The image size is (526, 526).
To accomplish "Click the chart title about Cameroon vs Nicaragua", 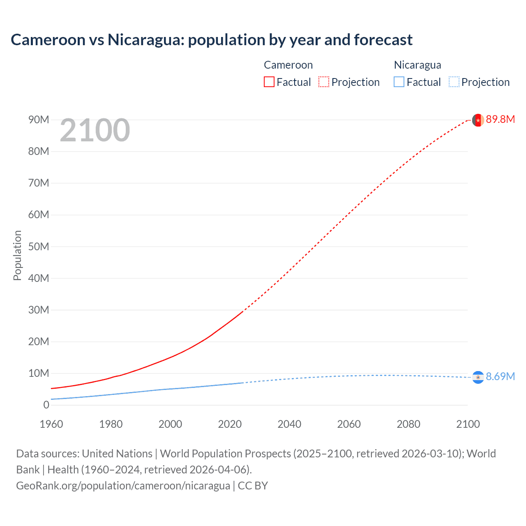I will pyautogui.click(x=212, y=40).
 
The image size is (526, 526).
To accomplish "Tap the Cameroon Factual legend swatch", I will pyautogui.click(x=269, y=82).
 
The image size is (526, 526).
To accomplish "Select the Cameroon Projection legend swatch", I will pyautogui.click(x=324, y=82).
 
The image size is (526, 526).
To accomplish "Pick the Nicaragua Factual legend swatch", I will pyautogui.click(x=399, y=82).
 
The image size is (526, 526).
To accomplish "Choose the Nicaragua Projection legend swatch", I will pyautogui.click(x=454, y=82).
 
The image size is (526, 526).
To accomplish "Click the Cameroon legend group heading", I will pyautogui.click(x=288, y=65).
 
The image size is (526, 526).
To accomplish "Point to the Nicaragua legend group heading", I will pyautogui.click(x=418, y=65).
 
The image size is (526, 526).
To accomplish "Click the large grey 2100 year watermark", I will pyautogui.click(x=95, y=130).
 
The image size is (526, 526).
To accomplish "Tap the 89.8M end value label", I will pyautogui.click(x=500, y=120).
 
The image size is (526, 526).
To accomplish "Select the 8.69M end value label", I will pyautogui.click(x=500, y=377).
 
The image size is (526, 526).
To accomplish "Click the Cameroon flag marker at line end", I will pyautogui.click(x=478, y=120).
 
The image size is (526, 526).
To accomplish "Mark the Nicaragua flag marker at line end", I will pyautogui.click(x=478, y=377).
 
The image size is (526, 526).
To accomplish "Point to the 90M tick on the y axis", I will pyautogui.click(x=39, y=120).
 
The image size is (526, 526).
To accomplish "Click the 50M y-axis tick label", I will pyautogui.click(x=39, y=247).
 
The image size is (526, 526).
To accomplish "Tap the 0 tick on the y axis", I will pyautogui.click(x=46, y=405).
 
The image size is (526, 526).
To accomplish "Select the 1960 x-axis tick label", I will pyautogui.click(x=51, y=424).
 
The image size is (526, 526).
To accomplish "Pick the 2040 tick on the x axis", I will pyautogui.click(x=289, y=424).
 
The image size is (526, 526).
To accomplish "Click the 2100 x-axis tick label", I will pyautogui.click(x=468, y=424).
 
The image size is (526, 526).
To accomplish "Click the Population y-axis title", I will pyautogui.click(x=17, y=255).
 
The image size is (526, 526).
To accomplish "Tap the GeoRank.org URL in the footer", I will pyautogui.click(x=123, y=486).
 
